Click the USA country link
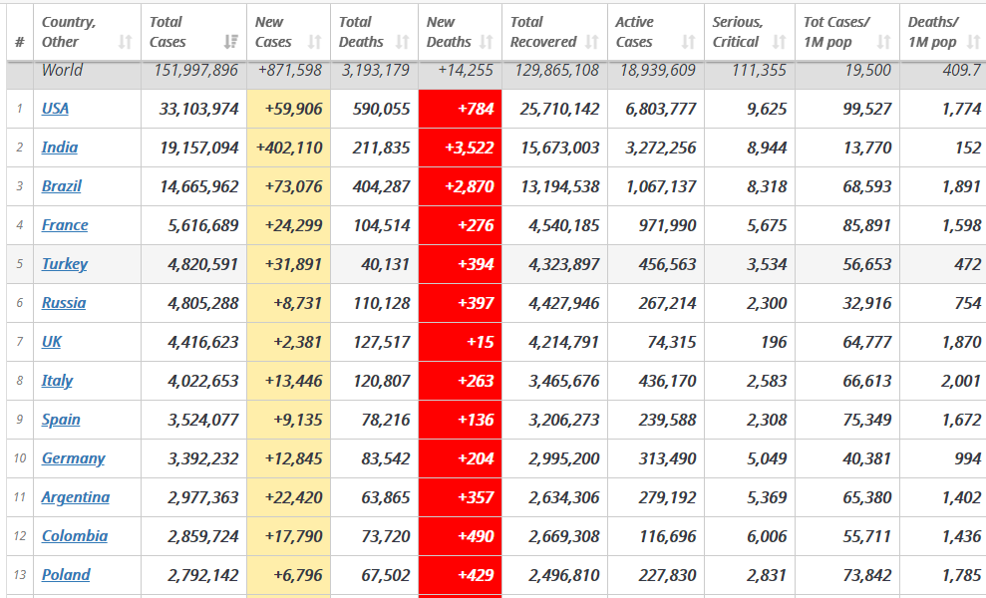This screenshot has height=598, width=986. click(x=56, y=109)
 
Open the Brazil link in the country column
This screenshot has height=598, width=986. click(x=62, y=186)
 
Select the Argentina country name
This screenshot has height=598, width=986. click(x=76, y=497)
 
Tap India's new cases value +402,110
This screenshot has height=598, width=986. click(x=289, y=148)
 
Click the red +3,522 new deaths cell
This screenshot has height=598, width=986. click(x=461, y=148)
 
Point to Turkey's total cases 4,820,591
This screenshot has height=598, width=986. click(x=203, y=264)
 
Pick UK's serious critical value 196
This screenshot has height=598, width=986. click(x=773, y=342)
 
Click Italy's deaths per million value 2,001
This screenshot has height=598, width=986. click(x=961, y=381)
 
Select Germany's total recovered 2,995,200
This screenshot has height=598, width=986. click(x=564, y=458)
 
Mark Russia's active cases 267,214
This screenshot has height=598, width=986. click(x=667, y=303)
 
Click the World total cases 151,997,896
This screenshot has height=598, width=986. click(x=196, y=71)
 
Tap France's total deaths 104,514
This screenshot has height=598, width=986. click(x=382, y=225)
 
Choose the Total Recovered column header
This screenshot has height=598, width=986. click(x=543, y=32)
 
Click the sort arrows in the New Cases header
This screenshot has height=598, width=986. click(x=314, y=42)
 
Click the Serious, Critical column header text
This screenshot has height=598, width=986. click(x=738, y=32)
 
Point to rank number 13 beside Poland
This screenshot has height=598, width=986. click(x=20, y=575)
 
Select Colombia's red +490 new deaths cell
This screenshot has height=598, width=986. click(x=461, y=536)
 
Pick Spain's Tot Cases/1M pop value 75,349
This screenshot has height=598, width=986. click(x=867, y=420)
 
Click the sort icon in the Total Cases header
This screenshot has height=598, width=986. click(x=230, y=42)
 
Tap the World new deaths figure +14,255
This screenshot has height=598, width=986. click(x=466, y=71)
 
